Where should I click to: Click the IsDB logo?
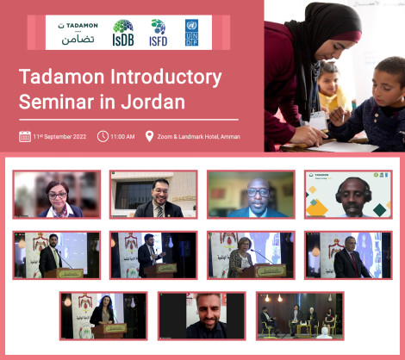point(122,31)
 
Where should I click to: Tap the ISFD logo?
point(158,31)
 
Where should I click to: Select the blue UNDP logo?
point(190,31)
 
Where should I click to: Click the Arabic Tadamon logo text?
point(78,39)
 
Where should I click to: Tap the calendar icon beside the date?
point(24,136)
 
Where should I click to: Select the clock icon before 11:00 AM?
point(103,136)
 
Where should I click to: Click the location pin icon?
point(149,136)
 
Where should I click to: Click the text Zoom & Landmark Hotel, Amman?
point(198,136)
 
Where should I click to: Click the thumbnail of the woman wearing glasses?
point(56,194)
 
